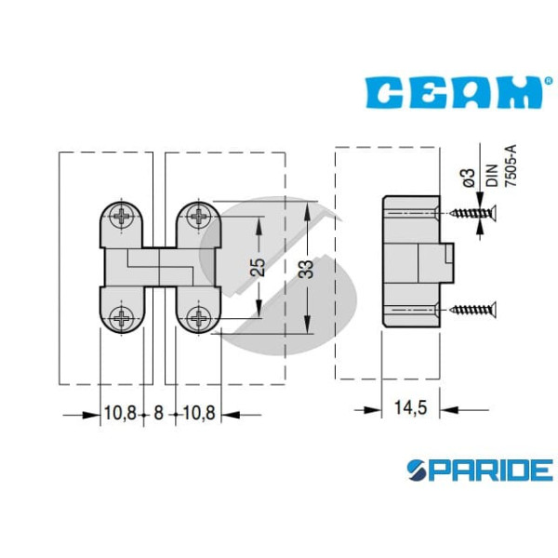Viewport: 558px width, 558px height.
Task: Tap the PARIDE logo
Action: point(480,470)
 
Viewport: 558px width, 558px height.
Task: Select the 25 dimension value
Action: point(258,267)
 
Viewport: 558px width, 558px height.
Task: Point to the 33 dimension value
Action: point(306,269)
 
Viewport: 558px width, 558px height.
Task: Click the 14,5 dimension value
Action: point(410,407)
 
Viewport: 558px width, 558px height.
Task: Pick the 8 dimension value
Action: point(158,413)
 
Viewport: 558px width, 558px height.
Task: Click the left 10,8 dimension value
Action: point(120,413)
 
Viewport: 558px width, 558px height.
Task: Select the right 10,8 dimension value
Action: point(199,413)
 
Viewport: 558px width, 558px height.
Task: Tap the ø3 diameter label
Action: point(470,178)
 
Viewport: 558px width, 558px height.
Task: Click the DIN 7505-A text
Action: point(501,166)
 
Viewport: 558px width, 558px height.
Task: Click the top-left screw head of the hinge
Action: point(122,216)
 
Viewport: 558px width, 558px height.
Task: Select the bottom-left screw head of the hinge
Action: point(122,317)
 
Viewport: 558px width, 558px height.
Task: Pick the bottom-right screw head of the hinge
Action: point(199,317)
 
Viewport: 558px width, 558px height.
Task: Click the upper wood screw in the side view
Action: point(473,213)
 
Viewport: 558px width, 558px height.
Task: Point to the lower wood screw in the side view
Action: point(473,309)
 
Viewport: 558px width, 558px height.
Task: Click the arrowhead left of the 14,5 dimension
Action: point(373,410)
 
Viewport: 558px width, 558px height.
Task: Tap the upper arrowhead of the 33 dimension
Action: point(308,211)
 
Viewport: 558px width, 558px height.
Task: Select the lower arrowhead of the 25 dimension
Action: point(259,309)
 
